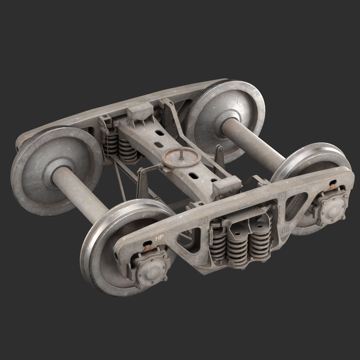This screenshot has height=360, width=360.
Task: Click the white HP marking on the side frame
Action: [x=159, y=238]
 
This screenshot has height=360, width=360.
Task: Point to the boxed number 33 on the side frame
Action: [x=282, y=196]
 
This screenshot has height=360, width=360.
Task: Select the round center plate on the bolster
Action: [x=181, y=158]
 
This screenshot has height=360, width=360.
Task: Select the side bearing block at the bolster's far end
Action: [x=140, y=111]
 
